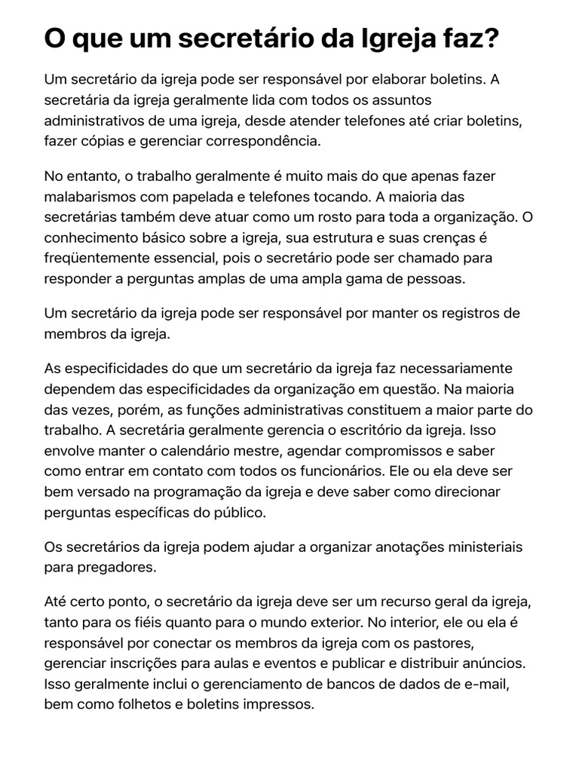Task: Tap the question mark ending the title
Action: coord(492,38)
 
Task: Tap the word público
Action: coord(241,513)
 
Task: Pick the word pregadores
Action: coord(109,567)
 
